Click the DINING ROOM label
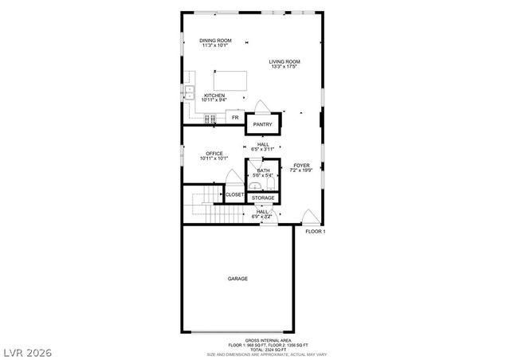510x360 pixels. coord(216,40)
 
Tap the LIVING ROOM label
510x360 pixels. coord(284,61)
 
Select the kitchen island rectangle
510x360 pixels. coord(229,80)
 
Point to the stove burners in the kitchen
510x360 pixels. coord(211,119)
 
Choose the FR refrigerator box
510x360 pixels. coord(235,118)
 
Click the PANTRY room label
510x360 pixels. coord(262,124)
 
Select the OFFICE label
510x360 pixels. coord(214,153)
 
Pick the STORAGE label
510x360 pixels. coord(262,198)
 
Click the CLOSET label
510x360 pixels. coord(234,194)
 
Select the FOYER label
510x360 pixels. coord(301,165)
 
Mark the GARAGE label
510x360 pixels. coord(237,279)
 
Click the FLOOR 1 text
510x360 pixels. coord(316,231)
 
